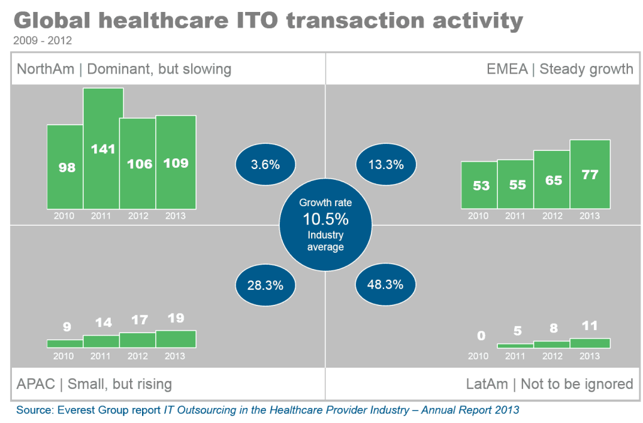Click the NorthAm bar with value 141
click(103, 148)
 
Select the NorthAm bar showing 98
click(65, 167)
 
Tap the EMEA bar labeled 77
click(590, 174)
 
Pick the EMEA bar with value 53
click(479, 185)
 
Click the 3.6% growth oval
click(265, 165)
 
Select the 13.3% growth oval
click(385, 165)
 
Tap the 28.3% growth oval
click(265, 285)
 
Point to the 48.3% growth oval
click(385, 285)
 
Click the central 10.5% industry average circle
click(325, 225)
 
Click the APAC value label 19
click(176, 318)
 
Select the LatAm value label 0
click(481, 336)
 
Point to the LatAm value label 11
click(590, 326)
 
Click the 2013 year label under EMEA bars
click(590, 216)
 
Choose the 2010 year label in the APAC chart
click(64, 356)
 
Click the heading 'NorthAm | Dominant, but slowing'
click(124, 69)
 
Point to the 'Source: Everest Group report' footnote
click(89, 410)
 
